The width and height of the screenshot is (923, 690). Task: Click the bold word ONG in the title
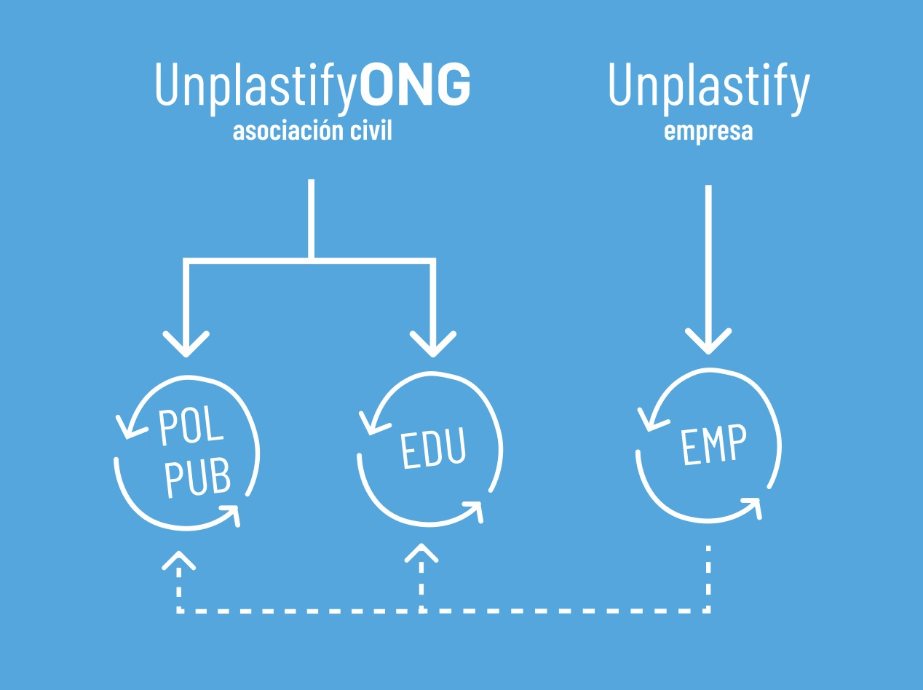pos(416,85)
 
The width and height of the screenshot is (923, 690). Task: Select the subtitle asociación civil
pos(312,131)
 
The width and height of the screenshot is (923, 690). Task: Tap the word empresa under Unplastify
pos(708,132)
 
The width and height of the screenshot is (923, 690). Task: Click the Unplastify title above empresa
pos(708,87)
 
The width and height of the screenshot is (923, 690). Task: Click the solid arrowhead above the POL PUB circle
pos(186,344)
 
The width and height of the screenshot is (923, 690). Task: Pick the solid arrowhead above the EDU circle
pos(433,344)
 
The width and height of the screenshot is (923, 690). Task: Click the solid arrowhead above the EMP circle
pos(708,341)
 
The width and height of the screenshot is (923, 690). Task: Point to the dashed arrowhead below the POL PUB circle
pos(178,558)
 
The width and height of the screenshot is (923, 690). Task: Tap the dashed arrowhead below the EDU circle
pos(421,552)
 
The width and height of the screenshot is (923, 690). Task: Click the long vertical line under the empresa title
pos(708,262)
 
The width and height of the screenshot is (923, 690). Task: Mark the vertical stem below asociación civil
pos(312,218)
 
